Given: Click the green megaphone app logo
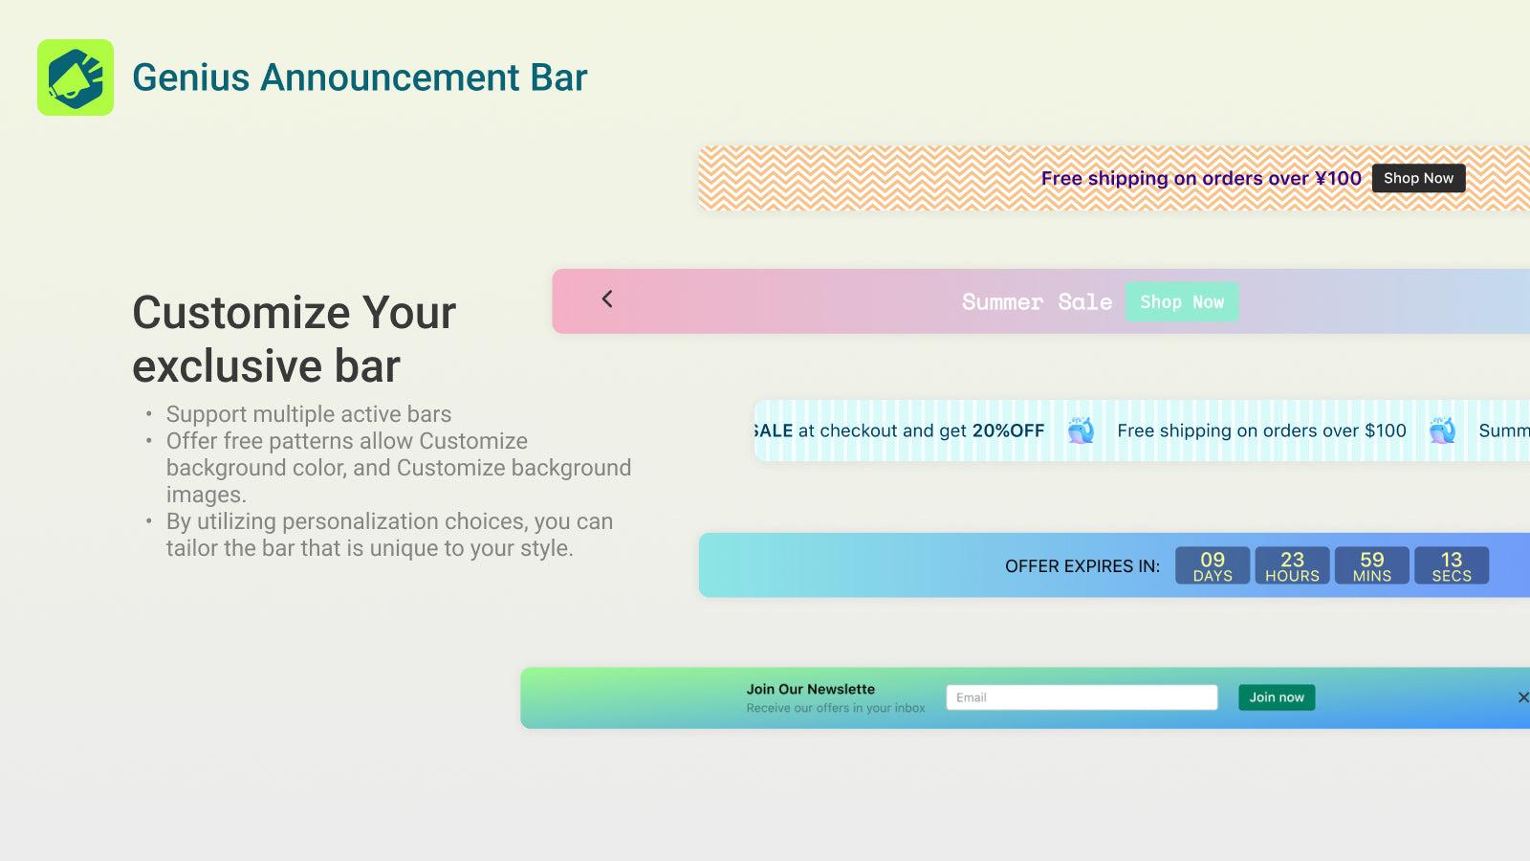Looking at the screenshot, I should click(76, 77).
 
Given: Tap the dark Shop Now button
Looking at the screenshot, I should click(1418, 178).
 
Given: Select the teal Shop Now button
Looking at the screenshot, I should click(1181, 301).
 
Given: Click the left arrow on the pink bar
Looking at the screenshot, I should click(607, 299).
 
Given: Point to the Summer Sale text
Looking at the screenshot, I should click(1037, 302).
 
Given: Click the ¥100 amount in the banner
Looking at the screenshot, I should click(1338, 178).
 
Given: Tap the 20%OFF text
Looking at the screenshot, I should click(1008, 430).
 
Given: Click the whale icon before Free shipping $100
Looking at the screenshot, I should click(1081, 430).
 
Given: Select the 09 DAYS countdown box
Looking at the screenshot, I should click(1212, 565).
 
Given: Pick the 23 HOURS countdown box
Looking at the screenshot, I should click(1292, 565).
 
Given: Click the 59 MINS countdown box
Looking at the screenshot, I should click(1371, 565).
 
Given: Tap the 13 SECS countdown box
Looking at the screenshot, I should click(1451, 565).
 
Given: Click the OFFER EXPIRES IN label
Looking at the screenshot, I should click(1082, 566).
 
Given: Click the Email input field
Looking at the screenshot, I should click(1082, 697).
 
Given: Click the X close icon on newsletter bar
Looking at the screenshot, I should click(1522, 697).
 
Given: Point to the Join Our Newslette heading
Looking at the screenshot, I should click(810, 689).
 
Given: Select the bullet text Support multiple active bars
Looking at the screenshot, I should click(308, 414).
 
